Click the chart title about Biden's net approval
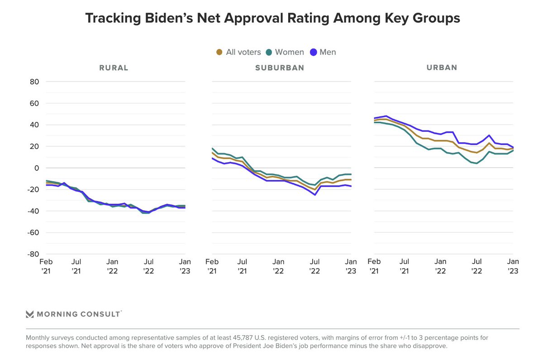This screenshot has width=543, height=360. pos(272,18)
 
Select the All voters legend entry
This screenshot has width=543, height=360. pos(238,52)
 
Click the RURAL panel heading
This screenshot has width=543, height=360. pos(114,68)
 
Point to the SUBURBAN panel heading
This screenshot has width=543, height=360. pos(279,68)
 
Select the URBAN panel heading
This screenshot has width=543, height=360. pos(442,68)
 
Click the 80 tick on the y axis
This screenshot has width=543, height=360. pos(35,82)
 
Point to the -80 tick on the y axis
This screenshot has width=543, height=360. pos(33,254)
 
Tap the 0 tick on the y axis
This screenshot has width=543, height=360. pos(38,168)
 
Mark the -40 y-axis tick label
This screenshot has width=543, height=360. pos(33,211)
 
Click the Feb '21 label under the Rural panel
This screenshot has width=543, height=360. pos(46,266)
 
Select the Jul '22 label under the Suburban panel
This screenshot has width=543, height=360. pos(314,266)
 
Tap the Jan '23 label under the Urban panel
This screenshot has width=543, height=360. pos(512,266)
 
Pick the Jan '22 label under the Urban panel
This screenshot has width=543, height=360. pos(440,266)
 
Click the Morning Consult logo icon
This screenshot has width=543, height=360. pos(30,314)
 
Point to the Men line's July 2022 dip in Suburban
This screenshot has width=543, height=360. pos(314,195)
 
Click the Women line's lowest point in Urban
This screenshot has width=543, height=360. pos(477,163)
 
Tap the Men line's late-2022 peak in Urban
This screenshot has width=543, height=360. pos(489,135)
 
